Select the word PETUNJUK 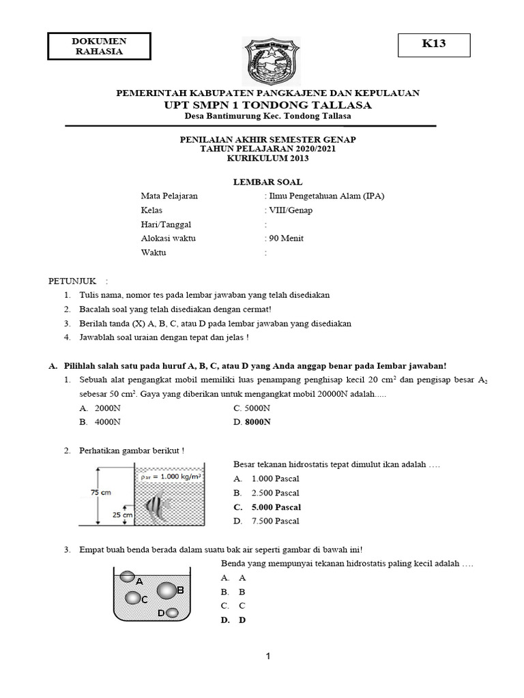point(72,281)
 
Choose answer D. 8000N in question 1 point(252,422)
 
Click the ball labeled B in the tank point(166,591)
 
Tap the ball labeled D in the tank point(172,613)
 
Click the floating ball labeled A point(127,577)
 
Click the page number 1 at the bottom point(268,656)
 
